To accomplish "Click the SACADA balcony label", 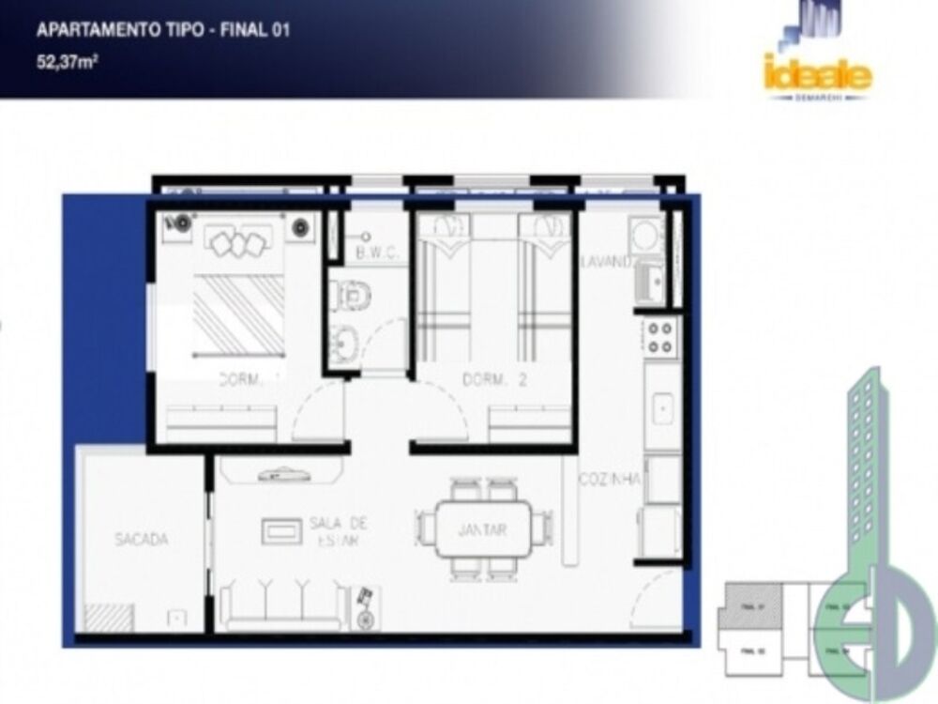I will click(x=142, y=540).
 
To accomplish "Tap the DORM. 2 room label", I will click(x=492, y=381).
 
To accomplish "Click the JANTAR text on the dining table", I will click(x=482, y=530).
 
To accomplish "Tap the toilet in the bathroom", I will click(x=352, y=295).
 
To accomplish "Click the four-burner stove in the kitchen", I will click(x=659, y=336).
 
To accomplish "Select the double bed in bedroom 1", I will click(x=239, y=300).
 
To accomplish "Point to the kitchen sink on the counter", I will click(x=662, y=407).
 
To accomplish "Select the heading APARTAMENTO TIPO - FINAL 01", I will click(x=162, y=30).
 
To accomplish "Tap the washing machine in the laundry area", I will click(x=647, y=235).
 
